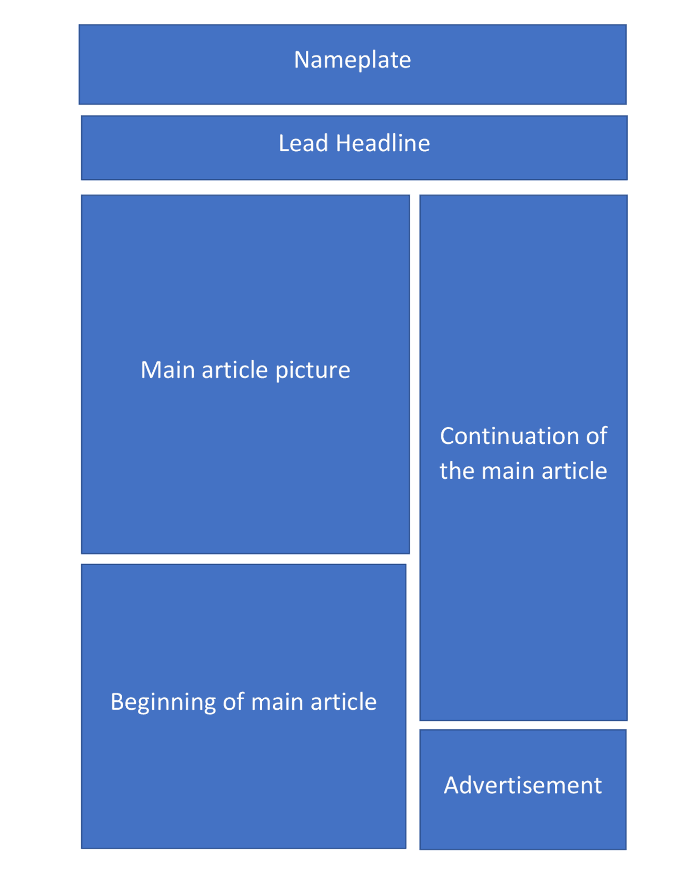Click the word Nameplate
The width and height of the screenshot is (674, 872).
(x=352, y=61)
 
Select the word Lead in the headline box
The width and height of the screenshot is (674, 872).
(x=303, y=143)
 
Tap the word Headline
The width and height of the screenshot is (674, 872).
(x=383, y=143)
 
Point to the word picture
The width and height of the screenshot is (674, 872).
(x=313, y=370)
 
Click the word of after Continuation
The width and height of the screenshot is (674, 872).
(x=597, y=435)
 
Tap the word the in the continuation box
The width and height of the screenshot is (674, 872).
(x=456, y=471)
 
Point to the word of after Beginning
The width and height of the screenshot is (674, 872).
(x=233, y=701)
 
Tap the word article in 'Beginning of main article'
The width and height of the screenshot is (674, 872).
(x=344, y=701)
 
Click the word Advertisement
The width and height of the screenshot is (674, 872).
(x=523, y=785)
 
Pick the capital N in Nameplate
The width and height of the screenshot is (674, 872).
(x=302, y=60)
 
